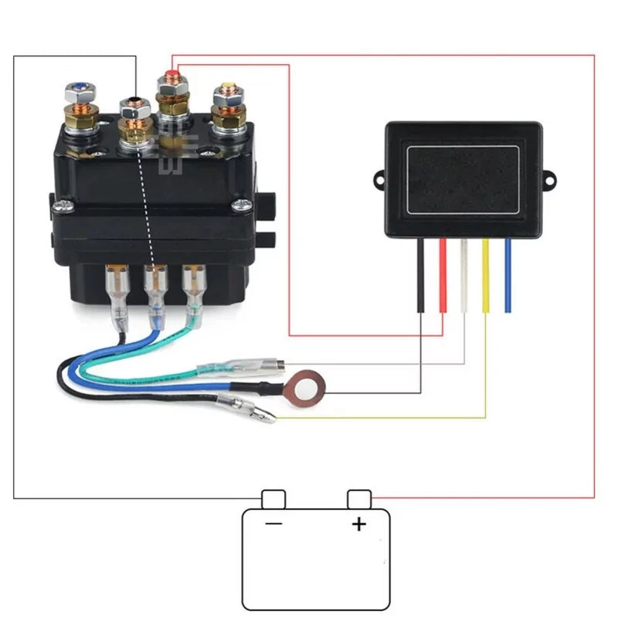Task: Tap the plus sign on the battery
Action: tap(358, 525)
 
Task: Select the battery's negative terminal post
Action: tap(274, 499)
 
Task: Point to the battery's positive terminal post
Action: tap(358, 499)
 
